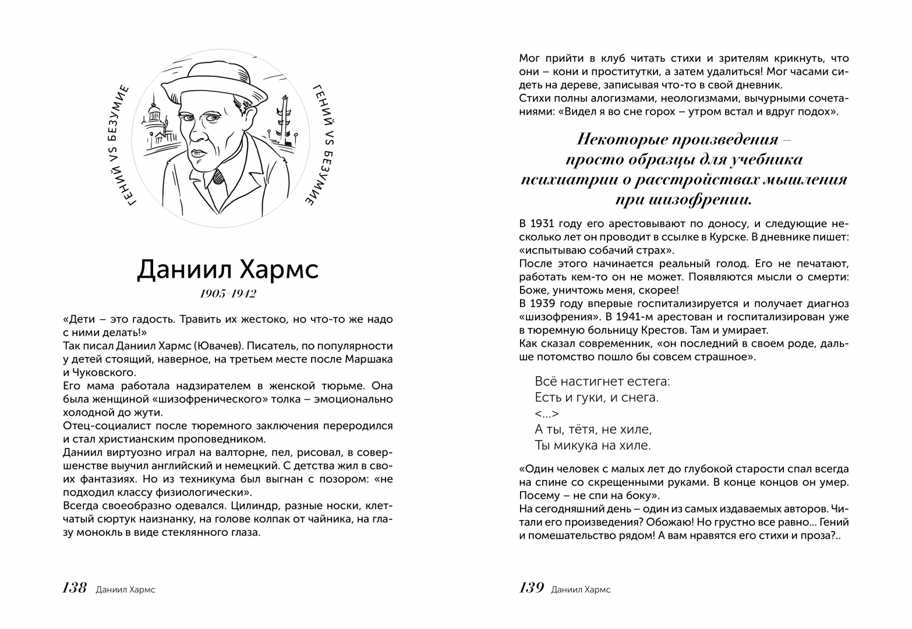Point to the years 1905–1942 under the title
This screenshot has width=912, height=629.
pyautogui.click(x=228, y=294)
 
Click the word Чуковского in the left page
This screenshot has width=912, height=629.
pyautogui.click(x=104, y=372)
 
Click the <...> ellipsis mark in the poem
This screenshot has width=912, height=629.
pyautogui.click(x=547, y=414)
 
